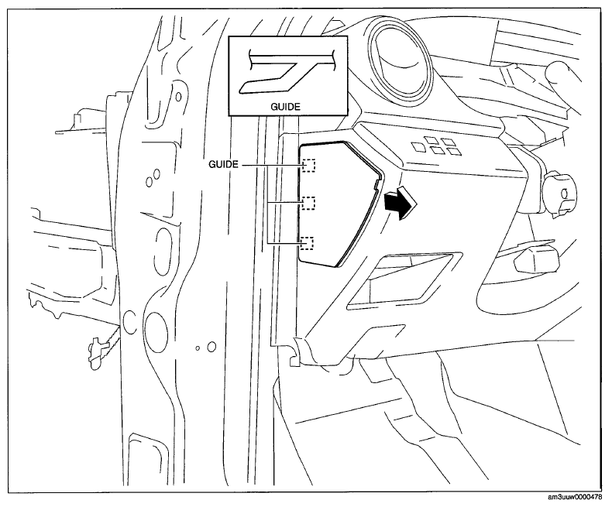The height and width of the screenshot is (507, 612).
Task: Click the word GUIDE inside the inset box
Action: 286,107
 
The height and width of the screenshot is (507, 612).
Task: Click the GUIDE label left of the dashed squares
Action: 223,165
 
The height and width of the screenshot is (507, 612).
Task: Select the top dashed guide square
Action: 309,166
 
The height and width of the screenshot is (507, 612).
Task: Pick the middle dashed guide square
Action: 309,204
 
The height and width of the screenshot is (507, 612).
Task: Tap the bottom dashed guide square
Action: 308,243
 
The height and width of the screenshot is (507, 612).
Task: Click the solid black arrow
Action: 401,203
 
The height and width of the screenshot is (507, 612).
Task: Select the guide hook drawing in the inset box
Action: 287,71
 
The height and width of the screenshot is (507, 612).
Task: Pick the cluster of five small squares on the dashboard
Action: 435,146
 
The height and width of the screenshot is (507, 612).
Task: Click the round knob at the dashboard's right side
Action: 559,194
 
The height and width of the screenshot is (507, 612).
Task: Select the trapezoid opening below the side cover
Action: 405,278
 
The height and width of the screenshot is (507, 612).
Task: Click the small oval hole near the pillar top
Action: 179,95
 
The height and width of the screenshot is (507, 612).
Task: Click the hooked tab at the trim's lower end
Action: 297,351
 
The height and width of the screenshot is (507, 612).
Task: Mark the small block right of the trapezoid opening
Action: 537,261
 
